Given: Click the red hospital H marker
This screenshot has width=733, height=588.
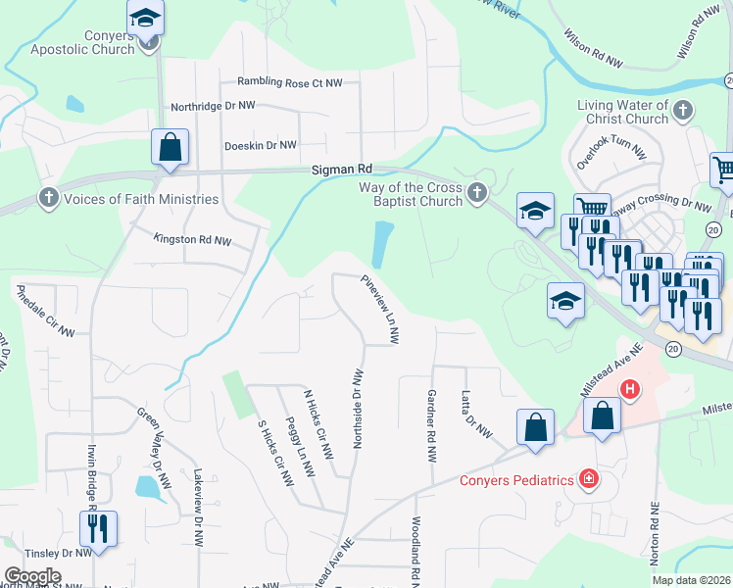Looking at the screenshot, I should click(630, 389).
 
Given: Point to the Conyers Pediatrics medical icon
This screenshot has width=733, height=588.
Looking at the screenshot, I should click(588, 479).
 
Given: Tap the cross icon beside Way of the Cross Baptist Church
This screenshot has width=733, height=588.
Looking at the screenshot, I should click(476, 194).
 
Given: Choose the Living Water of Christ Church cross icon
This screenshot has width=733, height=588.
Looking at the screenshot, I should click(683, 112).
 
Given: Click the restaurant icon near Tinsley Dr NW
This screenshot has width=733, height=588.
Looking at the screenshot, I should click(98, 528).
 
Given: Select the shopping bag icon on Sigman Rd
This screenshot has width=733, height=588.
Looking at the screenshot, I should click(170, 148).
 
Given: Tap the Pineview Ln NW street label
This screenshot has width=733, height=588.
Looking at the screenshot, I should click(380, 309).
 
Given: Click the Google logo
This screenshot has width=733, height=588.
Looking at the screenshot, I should click(32, 576).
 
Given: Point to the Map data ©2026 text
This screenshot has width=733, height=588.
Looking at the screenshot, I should click(690, 580).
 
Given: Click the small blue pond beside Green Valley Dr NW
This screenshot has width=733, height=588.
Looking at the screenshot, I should click(147, 487).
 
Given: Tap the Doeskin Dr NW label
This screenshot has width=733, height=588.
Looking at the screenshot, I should click(260, 145).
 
